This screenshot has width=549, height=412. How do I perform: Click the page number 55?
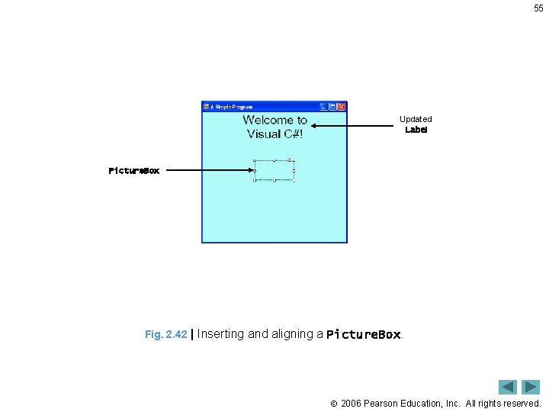538,8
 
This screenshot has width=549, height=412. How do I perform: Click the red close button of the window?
342,107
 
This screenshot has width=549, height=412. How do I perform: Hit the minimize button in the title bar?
323,107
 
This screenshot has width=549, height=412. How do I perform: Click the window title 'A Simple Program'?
233,107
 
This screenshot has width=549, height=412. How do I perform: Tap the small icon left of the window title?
206,107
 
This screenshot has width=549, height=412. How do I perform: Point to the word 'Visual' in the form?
263,134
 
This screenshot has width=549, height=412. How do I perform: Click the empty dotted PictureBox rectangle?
274,170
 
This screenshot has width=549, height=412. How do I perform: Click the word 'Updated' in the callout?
416,119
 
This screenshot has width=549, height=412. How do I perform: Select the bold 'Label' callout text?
416,130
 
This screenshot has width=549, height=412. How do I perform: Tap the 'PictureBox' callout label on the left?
134,171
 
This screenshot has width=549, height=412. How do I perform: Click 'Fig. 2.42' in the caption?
165,334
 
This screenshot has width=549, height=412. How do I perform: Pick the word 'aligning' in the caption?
293,334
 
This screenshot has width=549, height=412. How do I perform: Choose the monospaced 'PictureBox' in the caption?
363,334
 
